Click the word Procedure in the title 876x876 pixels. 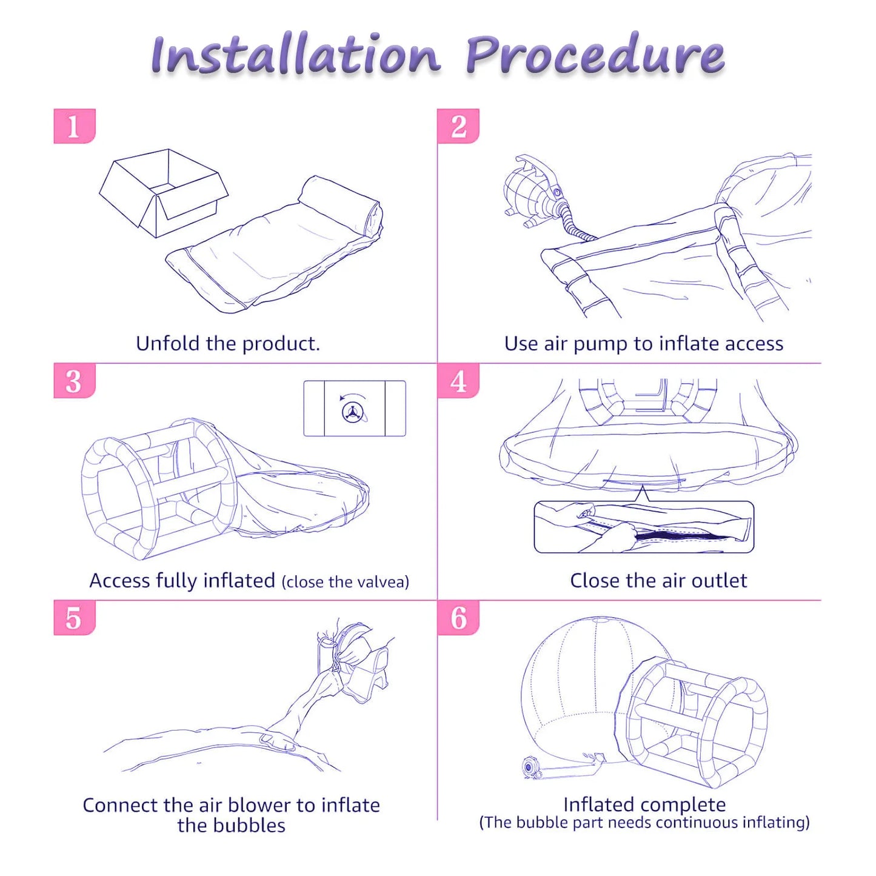595,55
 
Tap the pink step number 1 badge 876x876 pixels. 75,126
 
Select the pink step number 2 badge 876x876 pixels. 458,126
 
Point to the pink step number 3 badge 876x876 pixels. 75,381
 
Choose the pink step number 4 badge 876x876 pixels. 458,381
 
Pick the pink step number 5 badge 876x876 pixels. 75,618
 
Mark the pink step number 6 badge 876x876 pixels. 458,618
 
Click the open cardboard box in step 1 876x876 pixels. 164,193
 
